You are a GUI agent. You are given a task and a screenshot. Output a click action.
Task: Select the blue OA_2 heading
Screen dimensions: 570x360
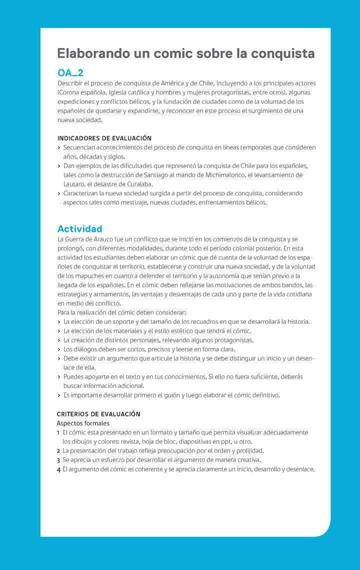point(70,73)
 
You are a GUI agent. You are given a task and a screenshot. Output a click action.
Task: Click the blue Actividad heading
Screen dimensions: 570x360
point(79,229)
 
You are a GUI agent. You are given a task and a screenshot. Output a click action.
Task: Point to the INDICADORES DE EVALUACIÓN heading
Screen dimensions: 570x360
point(104,138)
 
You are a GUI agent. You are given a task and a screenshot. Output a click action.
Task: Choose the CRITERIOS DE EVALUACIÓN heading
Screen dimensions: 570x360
point(98,414)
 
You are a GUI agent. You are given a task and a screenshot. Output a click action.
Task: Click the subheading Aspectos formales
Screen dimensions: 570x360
point(83,423)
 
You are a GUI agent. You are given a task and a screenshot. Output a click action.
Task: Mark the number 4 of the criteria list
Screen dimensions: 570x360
point(58,469)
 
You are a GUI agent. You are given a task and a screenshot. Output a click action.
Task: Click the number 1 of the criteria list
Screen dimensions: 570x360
point(58,432)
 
